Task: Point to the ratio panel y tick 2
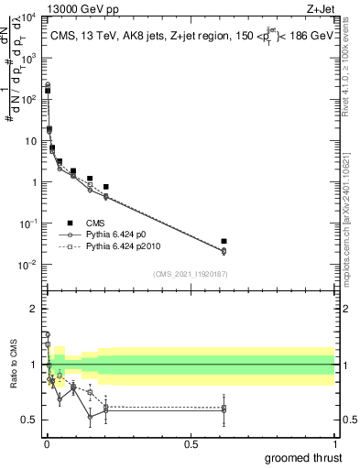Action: (33, 309)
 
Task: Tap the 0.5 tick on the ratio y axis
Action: (28, 420)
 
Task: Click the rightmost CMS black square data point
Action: (224, 242)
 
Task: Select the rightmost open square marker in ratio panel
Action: (224, 408)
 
